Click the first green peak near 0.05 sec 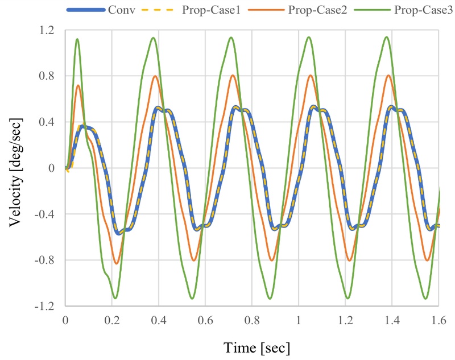point(77,39)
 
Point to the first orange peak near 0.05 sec point(78,85)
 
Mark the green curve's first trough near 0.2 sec point(115,298)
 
